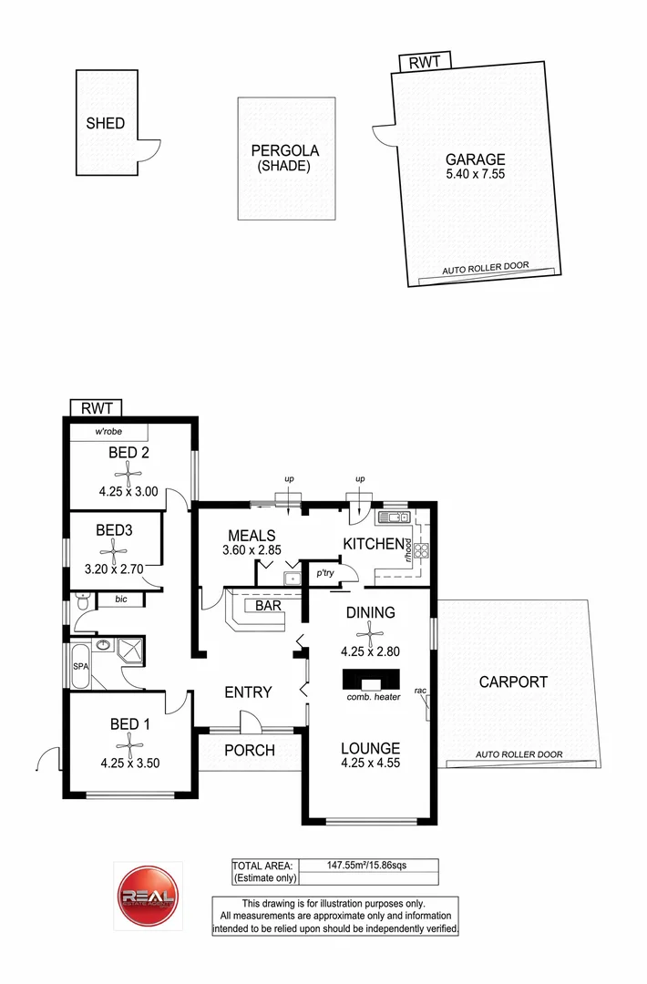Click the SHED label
pos(105,124)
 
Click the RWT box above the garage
pos(423,62)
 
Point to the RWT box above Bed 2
pos(96,408)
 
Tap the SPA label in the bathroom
pos(80,666)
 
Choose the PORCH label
pos(250,751)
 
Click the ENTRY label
pos(248,692)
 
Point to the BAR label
pos(267,605)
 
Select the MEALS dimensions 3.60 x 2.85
pos(252,551)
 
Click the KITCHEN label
pos(373,545)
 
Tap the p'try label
pos(323,574)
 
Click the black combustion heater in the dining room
pos(371,681)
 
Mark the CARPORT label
pos(513,682)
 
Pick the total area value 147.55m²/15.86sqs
pos(368,866)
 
